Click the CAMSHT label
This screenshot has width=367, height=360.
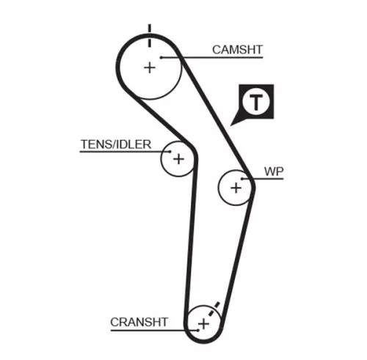tap(237, 50)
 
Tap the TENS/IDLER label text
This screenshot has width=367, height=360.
tap(115, 144)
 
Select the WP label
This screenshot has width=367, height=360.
tap(274, 172)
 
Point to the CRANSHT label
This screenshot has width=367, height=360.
tap(139, 321)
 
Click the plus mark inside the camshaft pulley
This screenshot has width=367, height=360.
tap(150, 67)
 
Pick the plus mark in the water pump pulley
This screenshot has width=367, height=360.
tap(236, 188)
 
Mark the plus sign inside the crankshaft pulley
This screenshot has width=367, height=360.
tap(203, 323)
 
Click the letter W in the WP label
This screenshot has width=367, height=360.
tap(269, 172)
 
